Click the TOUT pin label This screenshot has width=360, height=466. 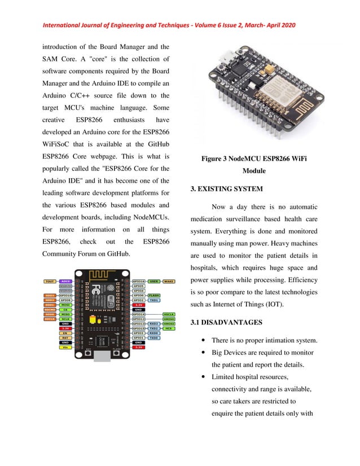click(x=50, y=280)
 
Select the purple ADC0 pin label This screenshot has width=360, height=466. click(x=66, y=280)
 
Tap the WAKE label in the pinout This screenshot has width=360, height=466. click(x=168, y=280)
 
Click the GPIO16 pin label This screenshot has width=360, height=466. click(x=139, y=280)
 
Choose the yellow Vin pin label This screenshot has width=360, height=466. click(x=66, y=348)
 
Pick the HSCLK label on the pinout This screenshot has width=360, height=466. click(x=168, y=314)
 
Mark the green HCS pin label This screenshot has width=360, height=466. click(x=168, y=328)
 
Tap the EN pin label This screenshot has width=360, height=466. click(x=66, y=333)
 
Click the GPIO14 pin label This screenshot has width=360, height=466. click(x=139, y=314)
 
